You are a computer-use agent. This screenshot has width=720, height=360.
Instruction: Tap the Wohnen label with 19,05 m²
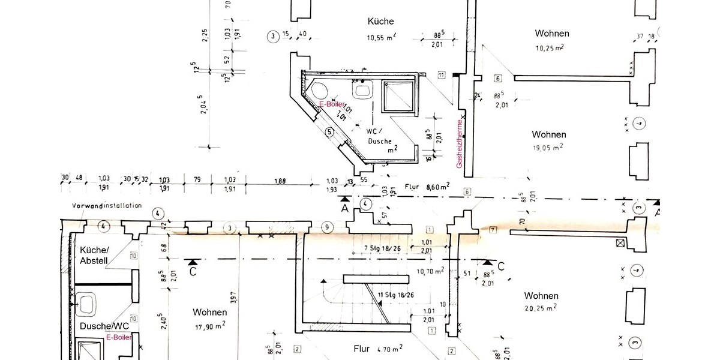tap(548, 140)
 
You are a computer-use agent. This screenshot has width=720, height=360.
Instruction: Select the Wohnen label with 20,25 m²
tap(541, 301)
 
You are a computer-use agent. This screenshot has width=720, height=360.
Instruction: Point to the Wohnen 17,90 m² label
tap(209, 319)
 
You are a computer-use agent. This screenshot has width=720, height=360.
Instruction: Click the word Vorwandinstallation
tap(106, 205)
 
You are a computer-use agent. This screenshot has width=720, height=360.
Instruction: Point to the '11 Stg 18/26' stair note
tap(396, 295)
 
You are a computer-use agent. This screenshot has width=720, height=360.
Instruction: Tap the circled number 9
tap(326, 227)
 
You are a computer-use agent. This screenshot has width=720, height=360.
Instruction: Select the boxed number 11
tap(441, 75)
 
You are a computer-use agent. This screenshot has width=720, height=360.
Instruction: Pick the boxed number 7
tap(493, 229)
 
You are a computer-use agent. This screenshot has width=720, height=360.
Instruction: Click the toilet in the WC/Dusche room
tap(319, 92)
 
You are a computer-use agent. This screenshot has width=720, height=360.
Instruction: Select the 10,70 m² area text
tap(430, 271)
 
